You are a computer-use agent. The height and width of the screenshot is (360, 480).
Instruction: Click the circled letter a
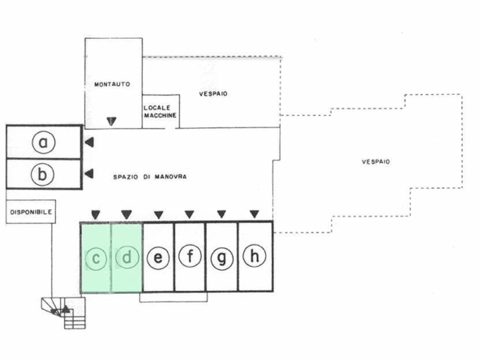[x=44, y=142]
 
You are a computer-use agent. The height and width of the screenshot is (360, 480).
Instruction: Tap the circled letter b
[x=42, y=174]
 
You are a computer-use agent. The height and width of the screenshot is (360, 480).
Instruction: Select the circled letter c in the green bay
[x=96, y=259]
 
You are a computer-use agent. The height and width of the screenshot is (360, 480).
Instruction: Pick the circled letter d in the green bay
[x=127, y=257]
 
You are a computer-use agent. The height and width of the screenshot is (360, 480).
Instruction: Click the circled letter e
[x=158, y=258]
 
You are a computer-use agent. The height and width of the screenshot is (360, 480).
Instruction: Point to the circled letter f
[x=190, y=255]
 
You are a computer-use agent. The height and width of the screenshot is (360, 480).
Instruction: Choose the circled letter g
[x=222, y=258]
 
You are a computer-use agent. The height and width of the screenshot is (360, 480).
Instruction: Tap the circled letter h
[x=254, y=255]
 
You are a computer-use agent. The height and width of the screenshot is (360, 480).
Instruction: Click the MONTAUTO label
[x=112, y=84]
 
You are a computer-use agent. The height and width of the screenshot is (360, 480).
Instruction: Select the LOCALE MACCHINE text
[x=160, y=111]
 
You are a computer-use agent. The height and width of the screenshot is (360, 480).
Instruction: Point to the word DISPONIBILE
[x=31, y=212]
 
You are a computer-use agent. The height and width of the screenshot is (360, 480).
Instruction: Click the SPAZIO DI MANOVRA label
[x=150, y=177]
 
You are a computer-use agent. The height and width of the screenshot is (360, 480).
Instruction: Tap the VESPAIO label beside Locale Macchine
[x=213, y=94]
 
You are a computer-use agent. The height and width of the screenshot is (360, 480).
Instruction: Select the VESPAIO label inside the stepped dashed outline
[x=376, y=161]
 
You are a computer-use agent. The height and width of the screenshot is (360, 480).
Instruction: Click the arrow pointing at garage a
[x=89, y=142]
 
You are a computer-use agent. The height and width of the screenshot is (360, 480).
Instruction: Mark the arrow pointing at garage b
[x=88, y=174]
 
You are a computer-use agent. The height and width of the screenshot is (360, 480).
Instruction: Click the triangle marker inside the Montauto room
[x=111, y=122]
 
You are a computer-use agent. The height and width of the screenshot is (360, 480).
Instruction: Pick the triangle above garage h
[x=255, y=214]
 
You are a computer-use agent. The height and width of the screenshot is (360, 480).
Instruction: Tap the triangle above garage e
[x=158, y=215]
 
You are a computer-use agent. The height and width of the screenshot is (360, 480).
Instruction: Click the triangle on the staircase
[x=66, y=309]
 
